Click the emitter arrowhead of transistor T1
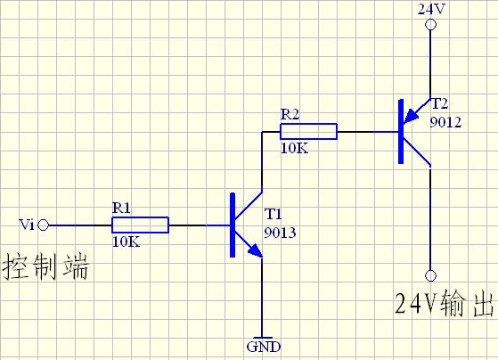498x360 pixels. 256,250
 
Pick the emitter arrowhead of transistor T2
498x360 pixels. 411,116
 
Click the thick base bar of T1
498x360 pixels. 233,225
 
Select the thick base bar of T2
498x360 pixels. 401,131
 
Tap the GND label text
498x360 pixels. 264,347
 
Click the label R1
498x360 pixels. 121,209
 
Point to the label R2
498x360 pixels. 290,114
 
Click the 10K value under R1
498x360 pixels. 127,241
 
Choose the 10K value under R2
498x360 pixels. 294,148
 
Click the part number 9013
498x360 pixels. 280,233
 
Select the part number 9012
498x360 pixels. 445,122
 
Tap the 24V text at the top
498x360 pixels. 431,9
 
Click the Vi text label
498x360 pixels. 27,225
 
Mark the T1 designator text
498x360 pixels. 273,214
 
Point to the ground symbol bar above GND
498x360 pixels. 263,338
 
